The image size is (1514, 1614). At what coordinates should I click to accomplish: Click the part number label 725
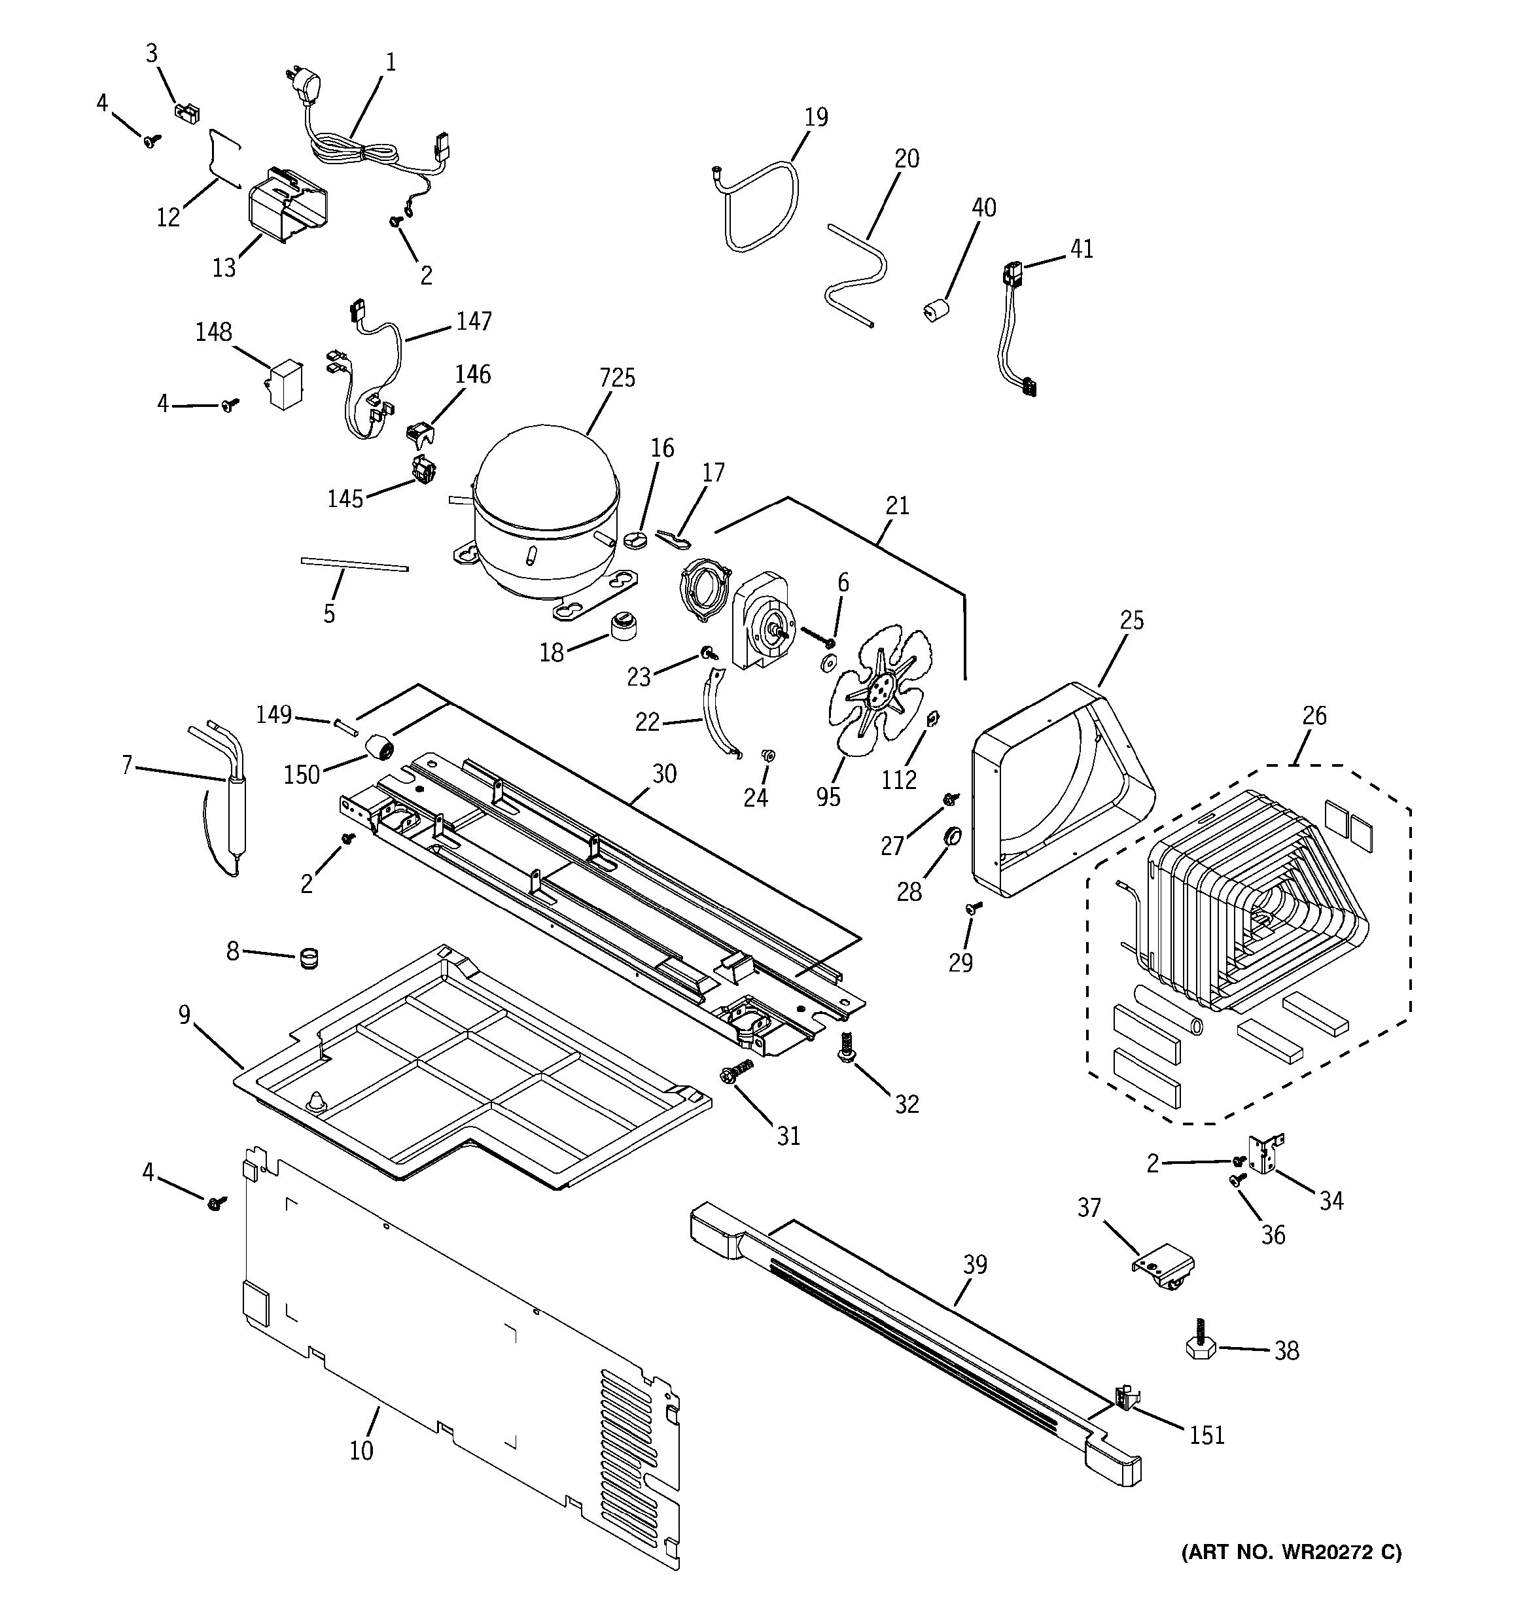617,378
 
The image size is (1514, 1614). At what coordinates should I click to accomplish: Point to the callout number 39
975,1265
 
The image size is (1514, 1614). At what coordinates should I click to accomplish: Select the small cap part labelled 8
308,958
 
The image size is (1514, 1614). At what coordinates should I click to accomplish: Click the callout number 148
213,332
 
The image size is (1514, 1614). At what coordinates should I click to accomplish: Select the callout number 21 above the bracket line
897,506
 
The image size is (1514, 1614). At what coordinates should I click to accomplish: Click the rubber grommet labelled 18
624,626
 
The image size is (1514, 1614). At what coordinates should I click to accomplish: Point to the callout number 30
664,774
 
